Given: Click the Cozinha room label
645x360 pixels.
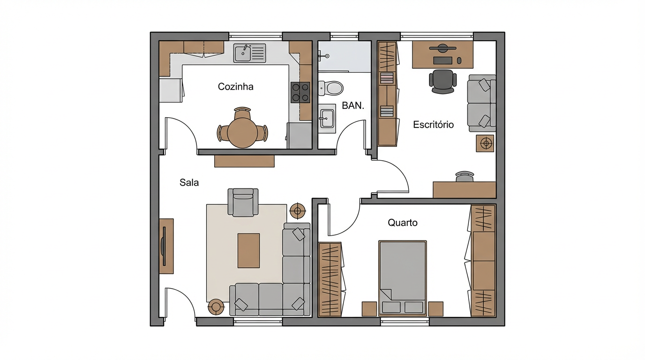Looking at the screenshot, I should tap(236, 87).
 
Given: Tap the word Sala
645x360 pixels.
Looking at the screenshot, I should tap(189, 183).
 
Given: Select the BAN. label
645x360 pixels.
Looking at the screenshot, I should tap(352, 106).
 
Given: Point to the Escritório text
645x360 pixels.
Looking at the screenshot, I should tap(433, 125).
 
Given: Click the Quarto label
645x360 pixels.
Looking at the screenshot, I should tap(402, 223).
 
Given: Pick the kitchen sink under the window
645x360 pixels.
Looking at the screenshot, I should tap(249, 53).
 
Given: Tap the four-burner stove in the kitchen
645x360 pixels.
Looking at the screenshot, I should tap(300, 92).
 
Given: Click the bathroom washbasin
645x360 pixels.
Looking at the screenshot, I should tap(327, 118).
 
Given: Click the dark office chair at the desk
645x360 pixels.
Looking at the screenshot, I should tap(442, 81).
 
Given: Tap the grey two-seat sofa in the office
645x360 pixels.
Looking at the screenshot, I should tap(481, 103).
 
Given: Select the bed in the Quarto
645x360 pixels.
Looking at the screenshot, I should tap(402, 277).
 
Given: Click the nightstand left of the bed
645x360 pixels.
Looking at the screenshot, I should tap(369, 309).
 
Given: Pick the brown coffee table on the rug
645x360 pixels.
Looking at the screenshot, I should tap(248, 250).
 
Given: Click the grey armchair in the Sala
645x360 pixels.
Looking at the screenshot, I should tap(243, 202).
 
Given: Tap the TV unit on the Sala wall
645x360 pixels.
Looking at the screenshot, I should tap(166, 246).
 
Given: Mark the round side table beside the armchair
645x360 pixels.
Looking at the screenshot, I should tap(298, 211).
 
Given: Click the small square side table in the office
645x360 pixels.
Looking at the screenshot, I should tap(485, 143).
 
